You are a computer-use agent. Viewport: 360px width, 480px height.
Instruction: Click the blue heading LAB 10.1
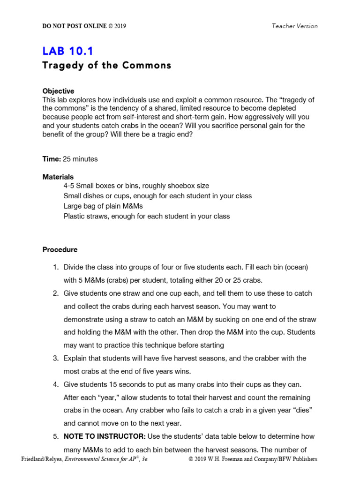click(x=67, y=52)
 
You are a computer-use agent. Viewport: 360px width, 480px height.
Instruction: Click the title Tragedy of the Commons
click(x=106, y=66)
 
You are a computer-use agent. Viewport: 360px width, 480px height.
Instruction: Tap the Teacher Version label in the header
click(x=294, y=26)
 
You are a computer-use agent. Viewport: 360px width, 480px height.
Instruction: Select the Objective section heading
click(x=58, y=91)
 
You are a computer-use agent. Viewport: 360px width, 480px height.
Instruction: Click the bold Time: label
click(x=52, y=159)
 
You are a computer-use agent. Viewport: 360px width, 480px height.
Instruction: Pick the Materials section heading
click(x=58, y=177)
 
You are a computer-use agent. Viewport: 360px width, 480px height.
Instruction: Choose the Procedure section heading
click(x=60, y=250)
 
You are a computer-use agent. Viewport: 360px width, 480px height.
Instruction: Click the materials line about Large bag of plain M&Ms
click(x=103, y=206)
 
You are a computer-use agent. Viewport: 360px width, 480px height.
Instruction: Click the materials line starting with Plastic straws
click(x=146, y=217)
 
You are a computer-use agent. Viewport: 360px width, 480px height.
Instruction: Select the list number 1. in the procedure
click(x=55, y=267)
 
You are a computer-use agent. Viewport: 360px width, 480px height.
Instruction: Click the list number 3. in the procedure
click(x=55, y=358)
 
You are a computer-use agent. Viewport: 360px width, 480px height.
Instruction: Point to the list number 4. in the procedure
click(x=55, y=384)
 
